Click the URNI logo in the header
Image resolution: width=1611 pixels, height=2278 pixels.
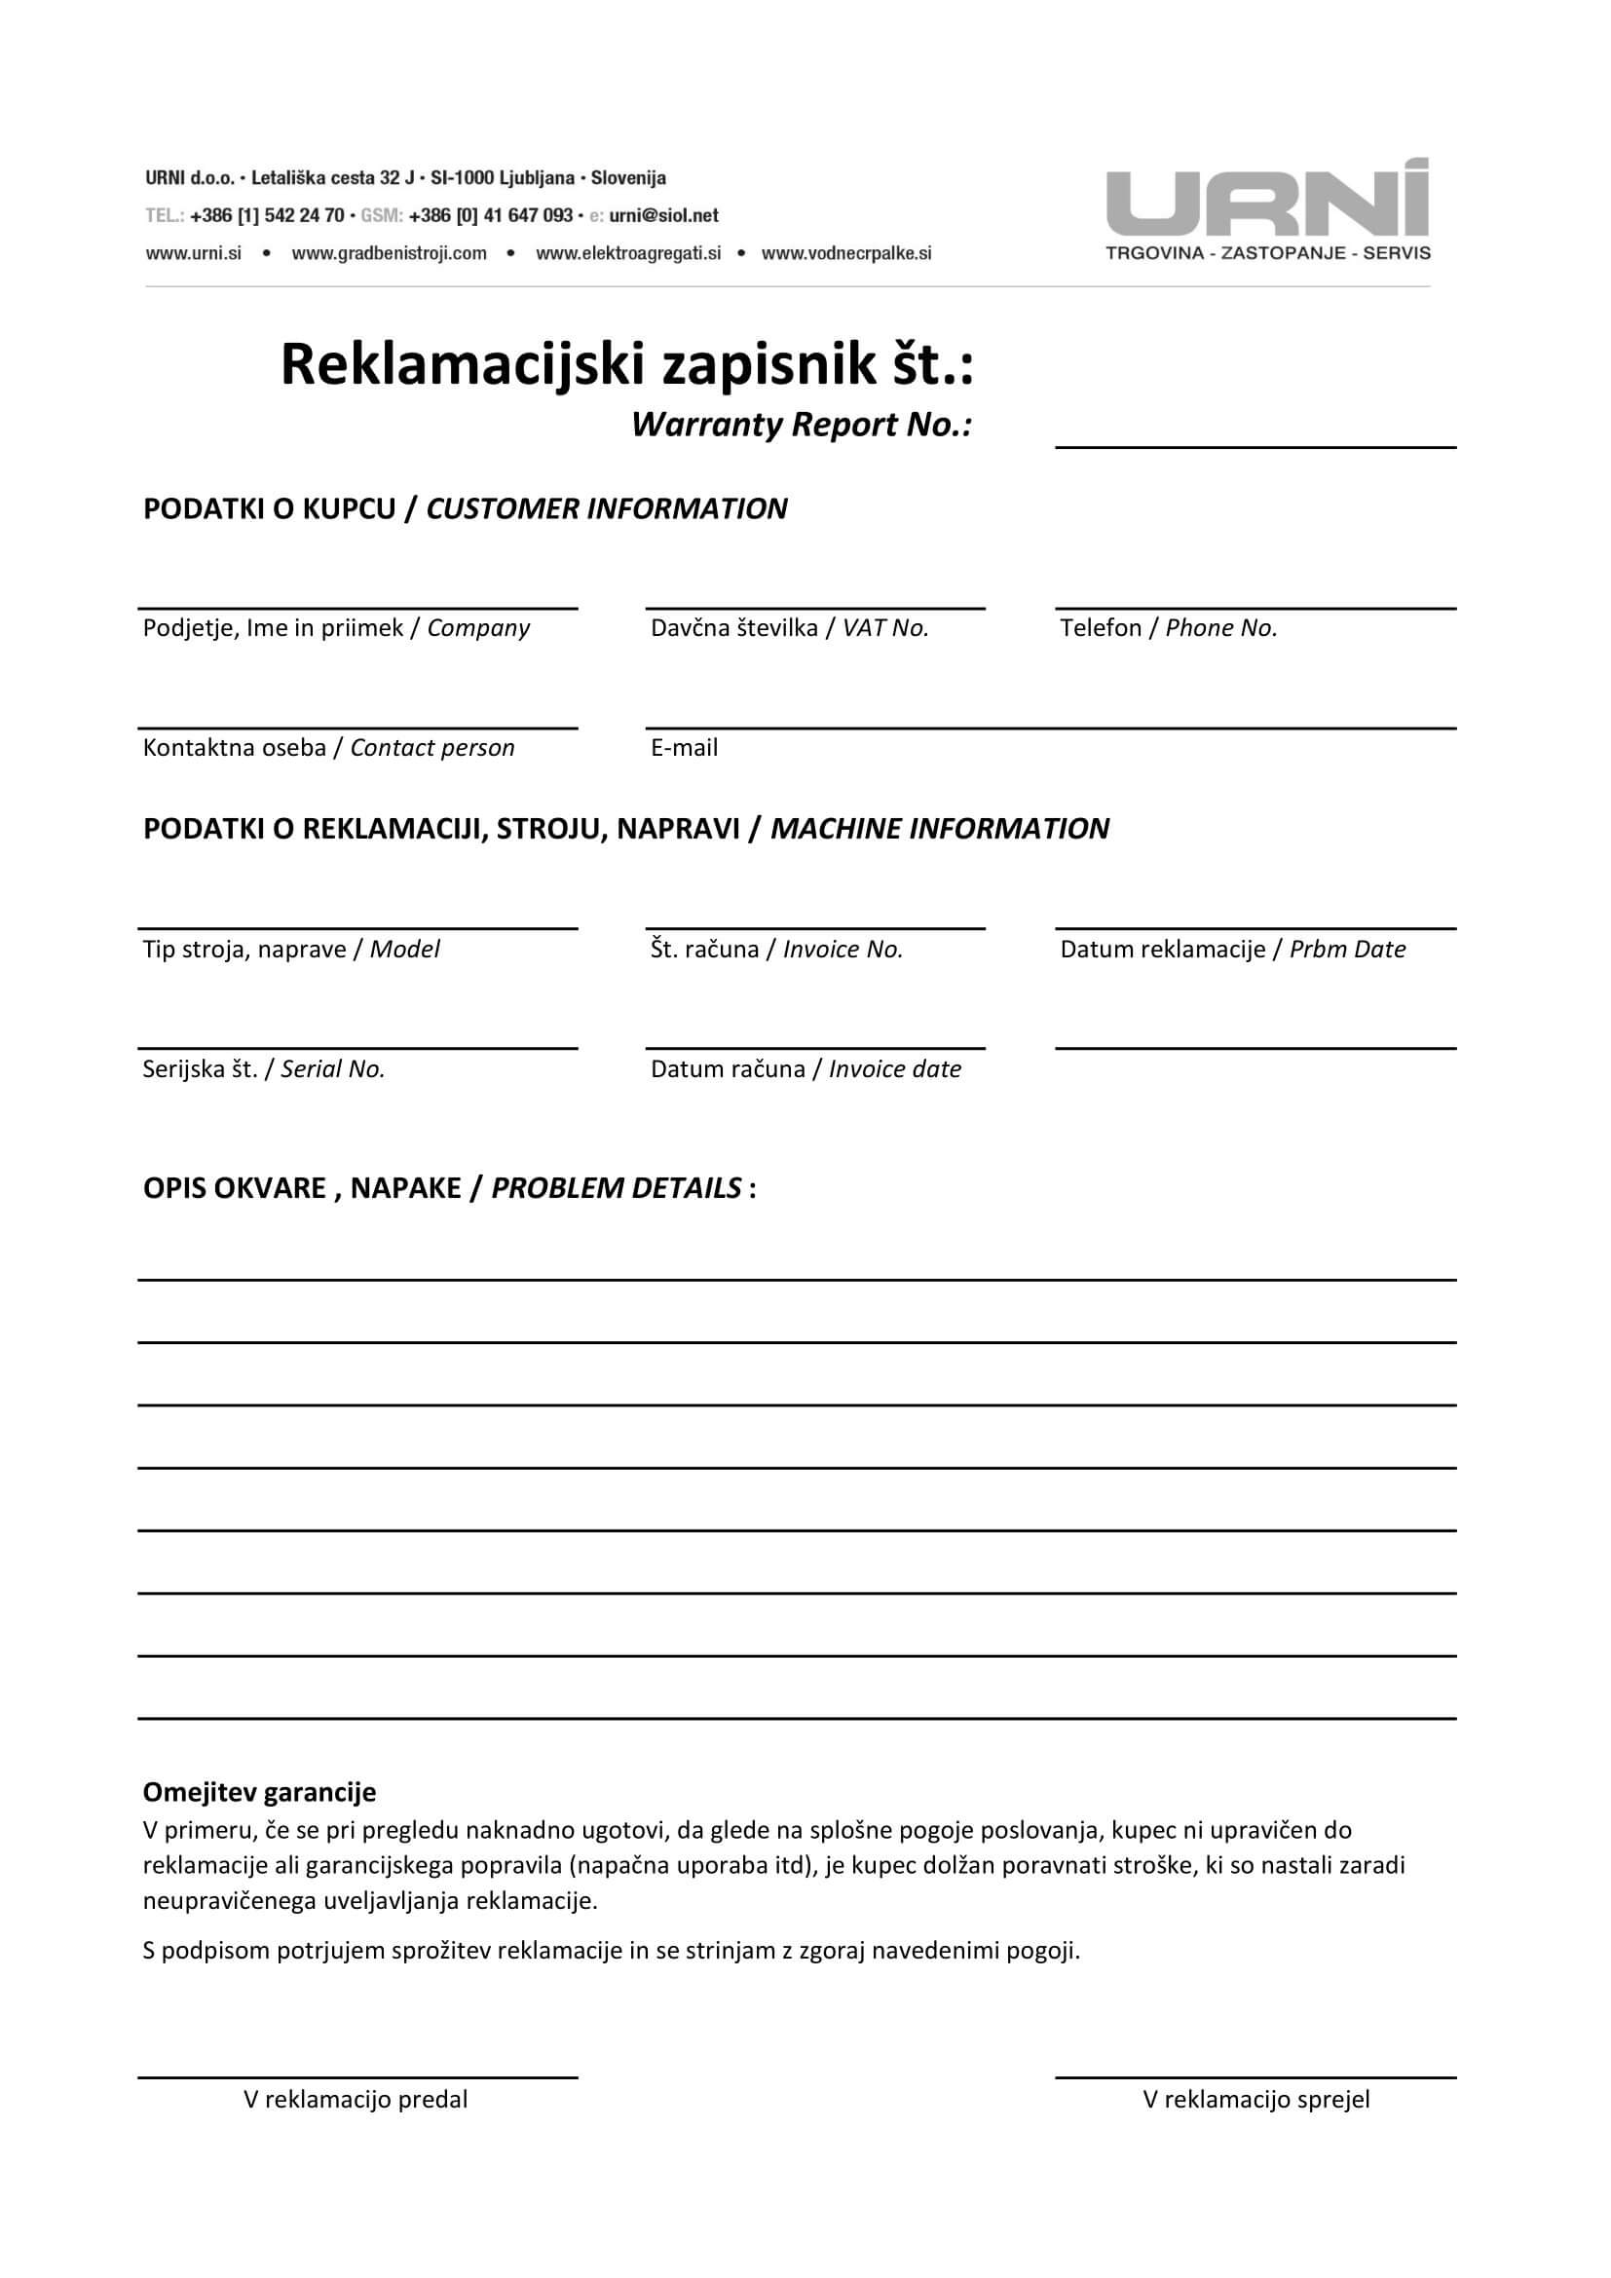[x=1267, y=199]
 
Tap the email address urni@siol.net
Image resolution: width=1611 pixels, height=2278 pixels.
[x=663, y=215]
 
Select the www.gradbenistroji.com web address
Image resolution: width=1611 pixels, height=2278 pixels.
[x=389, y=253]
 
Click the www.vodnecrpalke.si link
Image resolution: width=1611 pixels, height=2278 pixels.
[x=846, y=253]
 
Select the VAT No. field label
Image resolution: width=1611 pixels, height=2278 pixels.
[x=789, y=628]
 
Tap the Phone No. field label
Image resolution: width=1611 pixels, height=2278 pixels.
[x=1168, y=628]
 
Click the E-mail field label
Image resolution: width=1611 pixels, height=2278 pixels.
[x=684, y=748]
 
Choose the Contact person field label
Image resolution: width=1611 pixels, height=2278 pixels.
[x=328, y=748]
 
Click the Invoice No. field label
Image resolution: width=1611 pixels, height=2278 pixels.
[x=775, y=950]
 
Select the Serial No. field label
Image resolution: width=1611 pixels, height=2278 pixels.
[x=263, y=1069]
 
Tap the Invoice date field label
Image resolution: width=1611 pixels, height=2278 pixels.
[x=805, y=1069]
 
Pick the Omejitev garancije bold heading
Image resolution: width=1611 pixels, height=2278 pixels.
[x=259, y=1792]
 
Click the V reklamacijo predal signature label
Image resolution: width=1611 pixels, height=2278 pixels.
[x=356, y=2100]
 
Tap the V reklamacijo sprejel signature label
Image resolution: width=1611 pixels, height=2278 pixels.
[x=1255, y=2100]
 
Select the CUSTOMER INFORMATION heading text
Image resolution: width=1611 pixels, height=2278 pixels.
[x=606, y=509]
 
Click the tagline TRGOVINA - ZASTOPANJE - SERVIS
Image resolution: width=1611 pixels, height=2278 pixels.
[x=1268, y=254]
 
